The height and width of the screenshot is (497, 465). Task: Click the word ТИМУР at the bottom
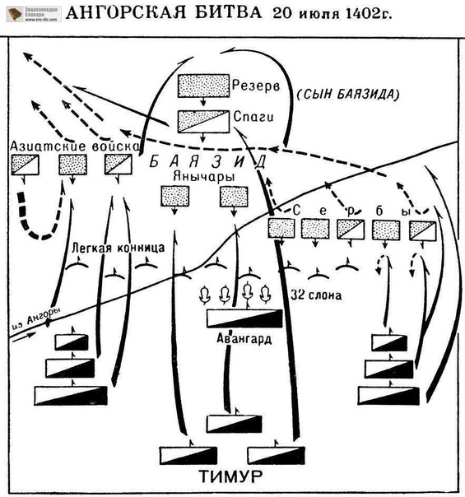point(230,476)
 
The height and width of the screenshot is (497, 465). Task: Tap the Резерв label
point(256,86)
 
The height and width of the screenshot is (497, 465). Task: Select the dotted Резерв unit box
point(203,86)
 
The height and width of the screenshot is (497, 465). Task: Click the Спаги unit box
point(203,122)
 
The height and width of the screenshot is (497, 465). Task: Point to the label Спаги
point(253,117)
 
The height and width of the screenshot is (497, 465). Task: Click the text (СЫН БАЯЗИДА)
point(348,94)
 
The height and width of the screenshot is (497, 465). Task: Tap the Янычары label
point(204,177)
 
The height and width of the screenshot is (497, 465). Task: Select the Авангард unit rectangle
point(244,318)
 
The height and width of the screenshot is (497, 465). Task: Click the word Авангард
point(244,338)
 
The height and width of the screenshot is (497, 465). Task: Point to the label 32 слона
point(316,295)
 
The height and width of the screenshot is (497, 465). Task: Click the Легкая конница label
point(119,248)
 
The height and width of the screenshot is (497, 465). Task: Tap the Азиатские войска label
point(75,146)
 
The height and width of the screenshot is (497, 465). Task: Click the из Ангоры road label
point(36,318)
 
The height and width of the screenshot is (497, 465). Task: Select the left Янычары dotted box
point(175,196)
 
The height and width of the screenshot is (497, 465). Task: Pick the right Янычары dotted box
point(234,196)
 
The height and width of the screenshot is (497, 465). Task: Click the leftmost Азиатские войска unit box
point(25,165)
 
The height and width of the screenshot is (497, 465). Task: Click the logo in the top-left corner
point(34,15)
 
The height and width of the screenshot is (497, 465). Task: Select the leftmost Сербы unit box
point(281,228)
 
